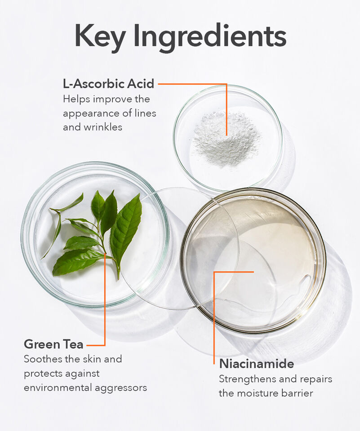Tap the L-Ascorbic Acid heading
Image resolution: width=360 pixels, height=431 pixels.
point(108,84)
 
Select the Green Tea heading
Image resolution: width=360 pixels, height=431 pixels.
point(53,344)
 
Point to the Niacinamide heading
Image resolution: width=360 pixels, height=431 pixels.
point(257,364)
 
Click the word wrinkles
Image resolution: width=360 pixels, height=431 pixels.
point(103,127)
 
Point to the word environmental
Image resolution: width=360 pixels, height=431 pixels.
point(58,387)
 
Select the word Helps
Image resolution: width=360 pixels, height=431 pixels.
point(76,99)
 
